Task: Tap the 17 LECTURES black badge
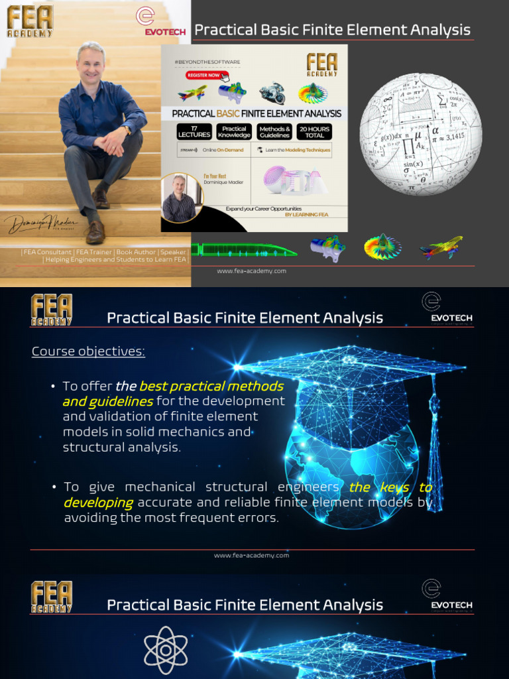194,131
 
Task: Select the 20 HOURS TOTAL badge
315,131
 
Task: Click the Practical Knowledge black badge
234,131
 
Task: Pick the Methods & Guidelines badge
274,131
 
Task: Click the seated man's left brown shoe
95,232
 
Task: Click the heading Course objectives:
88,351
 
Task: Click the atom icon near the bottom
166,650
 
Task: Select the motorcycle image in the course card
272,93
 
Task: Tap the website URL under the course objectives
251,555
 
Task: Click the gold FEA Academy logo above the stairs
30,21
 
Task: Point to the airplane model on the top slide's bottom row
441,247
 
